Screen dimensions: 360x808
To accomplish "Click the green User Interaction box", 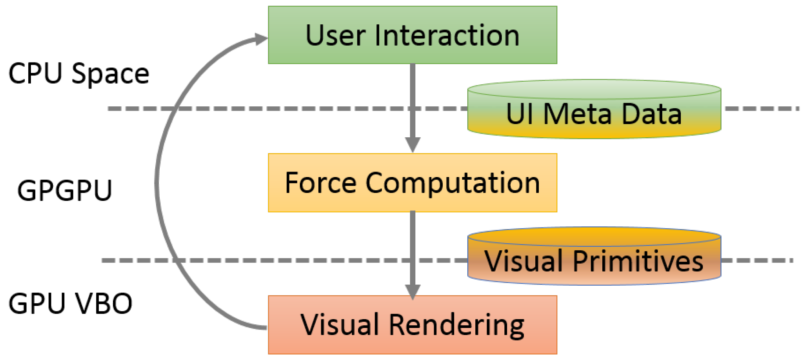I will pos(412,35).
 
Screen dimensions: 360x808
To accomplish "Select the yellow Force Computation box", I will pos(412,183).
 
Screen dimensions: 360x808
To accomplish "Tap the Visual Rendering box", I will pos(412,325).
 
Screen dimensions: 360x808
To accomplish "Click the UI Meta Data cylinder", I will pos(594,110).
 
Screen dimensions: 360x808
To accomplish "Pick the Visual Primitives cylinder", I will pos(594,258).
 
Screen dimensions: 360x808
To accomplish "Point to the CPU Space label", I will pos(79,74).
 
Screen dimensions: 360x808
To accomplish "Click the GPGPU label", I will pos(64,191).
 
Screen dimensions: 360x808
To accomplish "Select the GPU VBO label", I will pos(70,304).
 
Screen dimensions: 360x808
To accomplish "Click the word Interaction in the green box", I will pos(447,36).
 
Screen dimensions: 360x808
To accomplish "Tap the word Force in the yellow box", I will pos(321,183).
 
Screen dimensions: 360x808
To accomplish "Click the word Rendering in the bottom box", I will pos(456,325).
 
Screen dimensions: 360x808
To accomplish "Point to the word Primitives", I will pos(637,261).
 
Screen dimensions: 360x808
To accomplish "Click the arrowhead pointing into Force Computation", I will pos(412,144).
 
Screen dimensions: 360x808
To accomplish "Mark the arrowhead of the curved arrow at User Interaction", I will pos(262,39).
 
